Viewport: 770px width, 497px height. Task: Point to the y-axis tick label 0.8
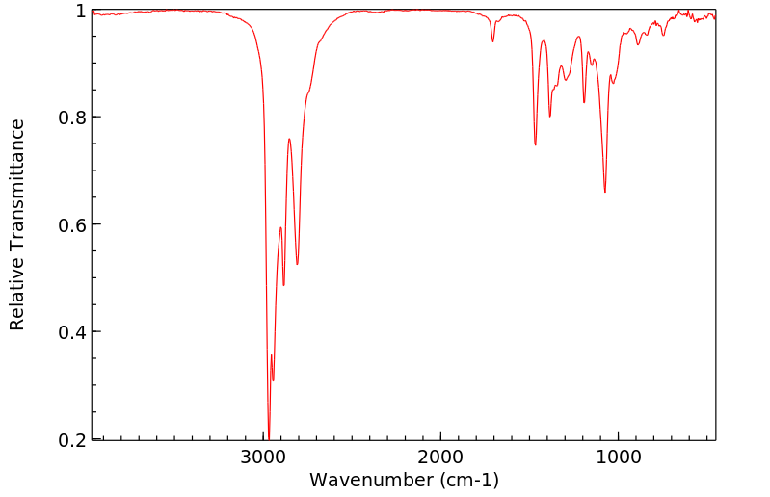click(72, 118)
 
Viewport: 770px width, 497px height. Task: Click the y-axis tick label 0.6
click(72, 224)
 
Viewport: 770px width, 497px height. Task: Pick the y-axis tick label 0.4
click(72, 332)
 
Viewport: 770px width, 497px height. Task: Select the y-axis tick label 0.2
click(72, 439)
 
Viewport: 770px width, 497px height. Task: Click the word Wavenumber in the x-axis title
click(370, 479)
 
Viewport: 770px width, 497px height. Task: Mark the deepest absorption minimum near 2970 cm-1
click(269, 436)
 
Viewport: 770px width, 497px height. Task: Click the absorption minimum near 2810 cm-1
click(297, 264)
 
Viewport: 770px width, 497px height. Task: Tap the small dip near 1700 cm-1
click(492, 41)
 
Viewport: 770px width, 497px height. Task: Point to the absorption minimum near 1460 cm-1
click(535, 144)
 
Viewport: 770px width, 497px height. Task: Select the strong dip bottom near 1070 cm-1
click(605, 192)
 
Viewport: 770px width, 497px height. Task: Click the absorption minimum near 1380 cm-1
click(549, 117)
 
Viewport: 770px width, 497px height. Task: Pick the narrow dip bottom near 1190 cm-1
click(584, 102)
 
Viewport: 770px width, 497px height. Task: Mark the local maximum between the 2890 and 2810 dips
click(289, 139)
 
